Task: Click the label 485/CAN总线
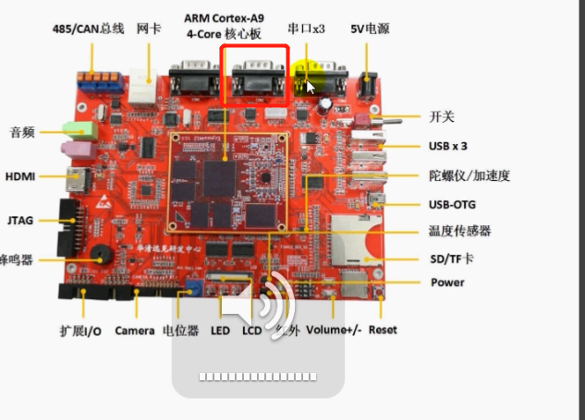point(88,29)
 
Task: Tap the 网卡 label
point(149,29)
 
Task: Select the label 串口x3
point(307,29)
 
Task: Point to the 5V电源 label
point(370,29)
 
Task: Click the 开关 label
point(442,117)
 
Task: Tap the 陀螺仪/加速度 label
point(469,175)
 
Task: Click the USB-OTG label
point(453,205)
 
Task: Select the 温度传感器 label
point(459,231)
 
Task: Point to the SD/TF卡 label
point(453,259)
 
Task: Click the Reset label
point(383,330)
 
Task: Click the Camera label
point(134,330)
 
